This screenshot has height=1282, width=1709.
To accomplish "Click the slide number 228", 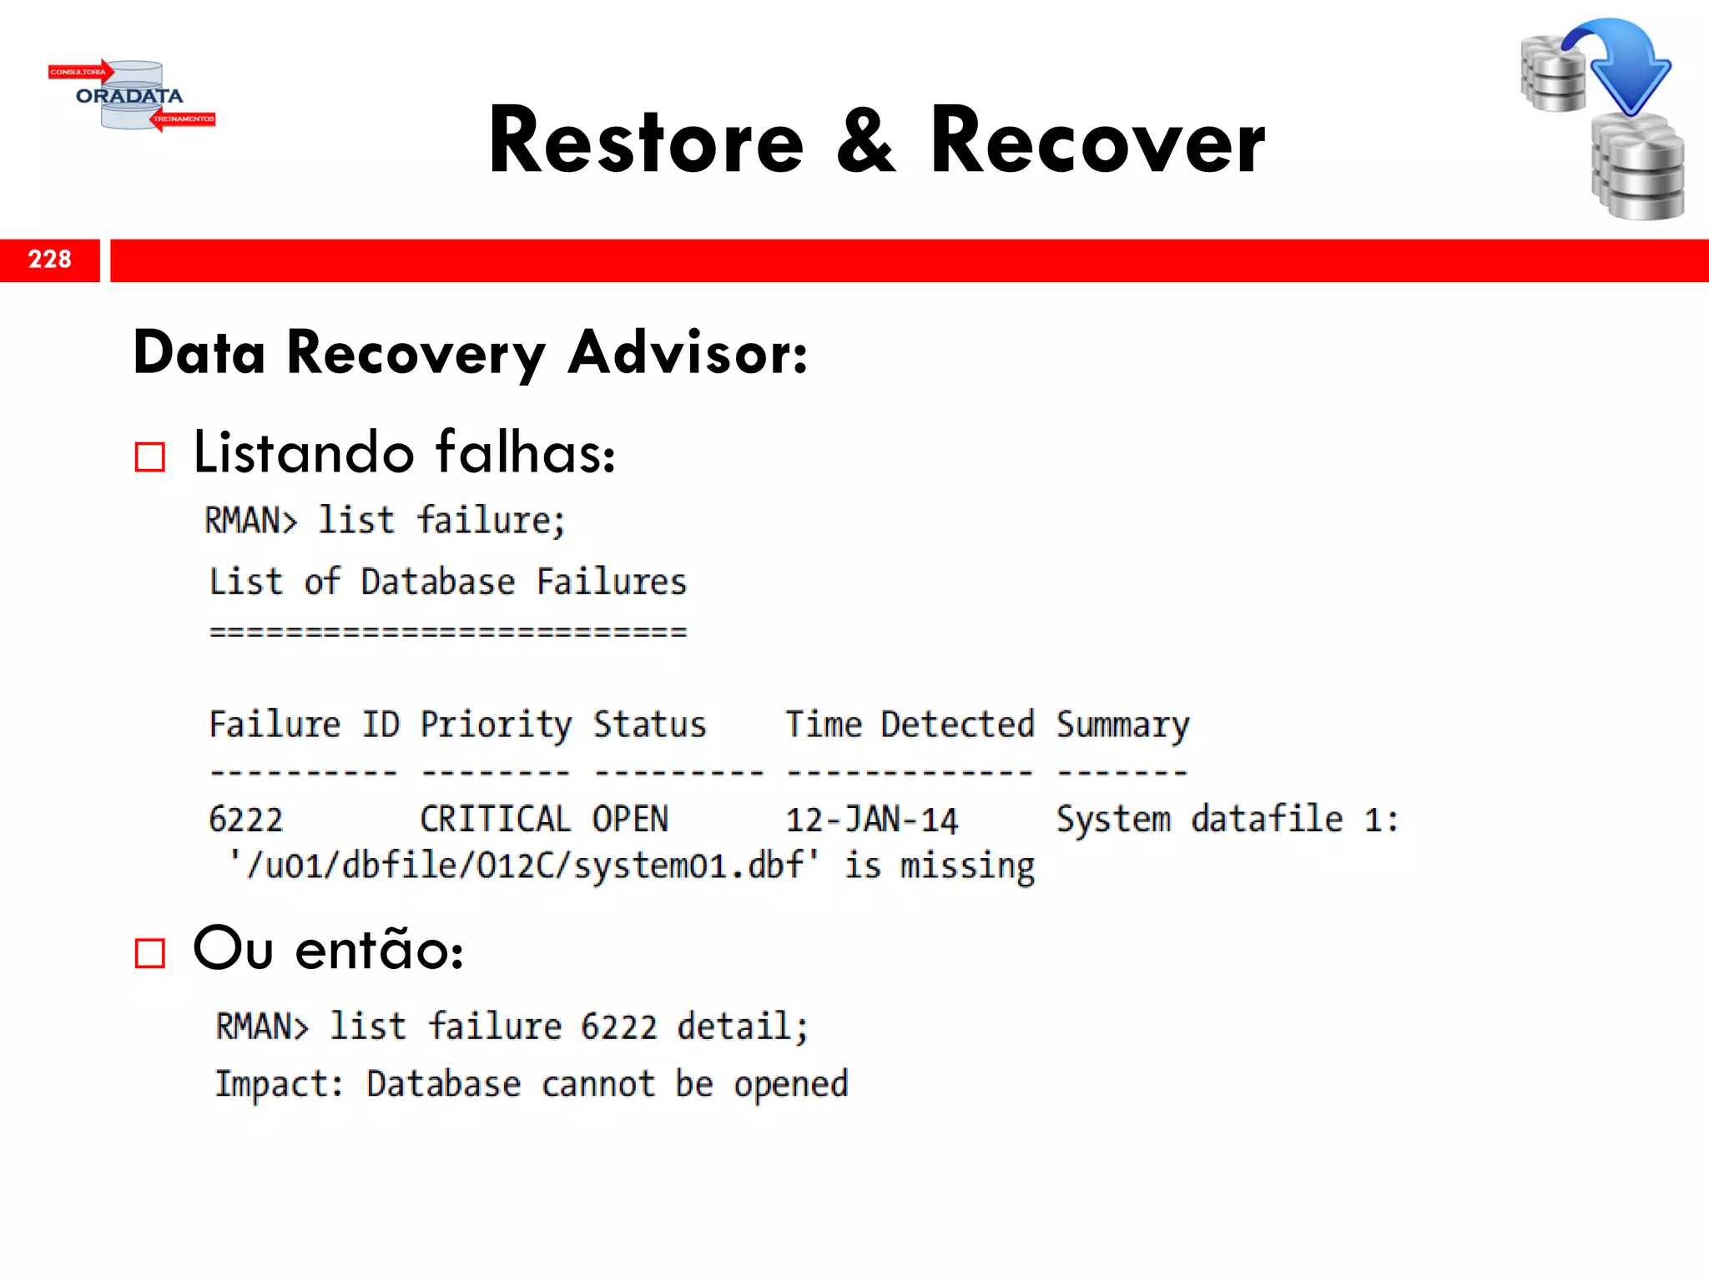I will click(x=50, y=260).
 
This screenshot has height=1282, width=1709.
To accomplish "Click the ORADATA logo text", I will click(x=129, y=96).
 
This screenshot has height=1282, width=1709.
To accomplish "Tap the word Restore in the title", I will click(x=646, y=142).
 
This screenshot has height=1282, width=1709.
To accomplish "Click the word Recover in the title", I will click(x=1097, y=142).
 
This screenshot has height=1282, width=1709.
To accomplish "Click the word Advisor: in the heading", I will click(x=688, y=353).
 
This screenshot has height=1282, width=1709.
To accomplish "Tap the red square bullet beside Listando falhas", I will click(x=150, y=457).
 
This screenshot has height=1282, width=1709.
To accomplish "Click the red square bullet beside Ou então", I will click(x=150, y=952).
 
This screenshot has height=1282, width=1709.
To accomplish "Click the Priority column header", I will click(x=496, y=724).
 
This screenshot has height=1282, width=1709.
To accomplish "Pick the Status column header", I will click(x=649, y=724).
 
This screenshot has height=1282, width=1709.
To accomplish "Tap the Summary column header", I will click(x=1122, y=724).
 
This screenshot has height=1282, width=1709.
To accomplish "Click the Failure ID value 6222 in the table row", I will click(x=246, y=820).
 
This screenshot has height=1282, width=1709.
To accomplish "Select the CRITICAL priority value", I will click(x=496, y=820).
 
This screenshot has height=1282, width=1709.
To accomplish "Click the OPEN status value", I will click(x=630, y=820).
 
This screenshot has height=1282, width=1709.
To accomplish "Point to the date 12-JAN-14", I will click(x=872, y=820).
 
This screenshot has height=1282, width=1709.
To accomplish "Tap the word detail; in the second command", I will click(x=742, y=1027).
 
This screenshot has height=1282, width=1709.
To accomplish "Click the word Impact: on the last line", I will click(x=279, y=1084).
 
